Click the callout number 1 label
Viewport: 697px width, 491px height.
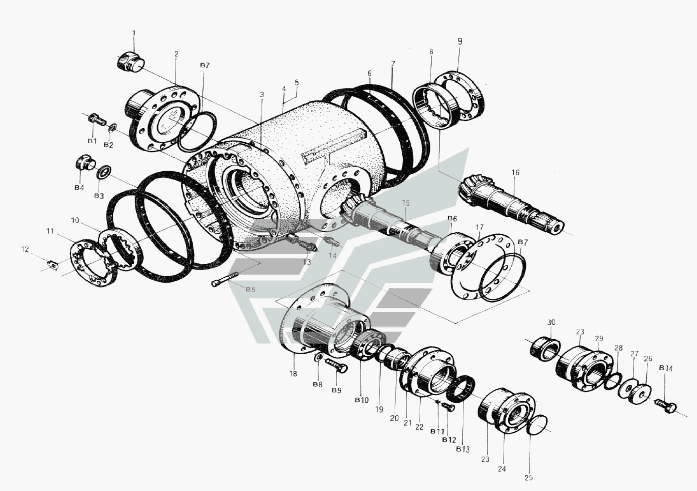click(x=134, y=33)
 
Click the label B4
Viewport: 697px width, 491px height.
click(x=79, y=188)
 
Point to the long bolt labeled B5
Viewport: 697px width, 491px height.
click(x=226, y=280)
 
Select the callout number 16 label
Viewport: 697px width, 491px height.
click(x=515, y=173)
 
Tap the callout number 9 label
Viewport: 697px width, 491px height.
click(x=460, y=42)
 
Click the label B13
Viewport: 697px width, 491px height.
click(x=463, y=449)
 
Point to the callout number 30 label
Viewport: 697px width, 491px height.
click(x=551, y=322)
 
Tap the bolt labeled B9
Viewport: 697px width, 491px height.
click(x=337, y=365)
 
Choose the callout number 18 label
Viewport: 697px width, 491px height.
click(x=293, y=374)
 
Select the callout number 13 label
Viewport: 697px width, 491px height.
click(x=307, y=262)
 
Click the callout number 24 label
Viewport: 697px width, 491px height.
click(x=502, y=469)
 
